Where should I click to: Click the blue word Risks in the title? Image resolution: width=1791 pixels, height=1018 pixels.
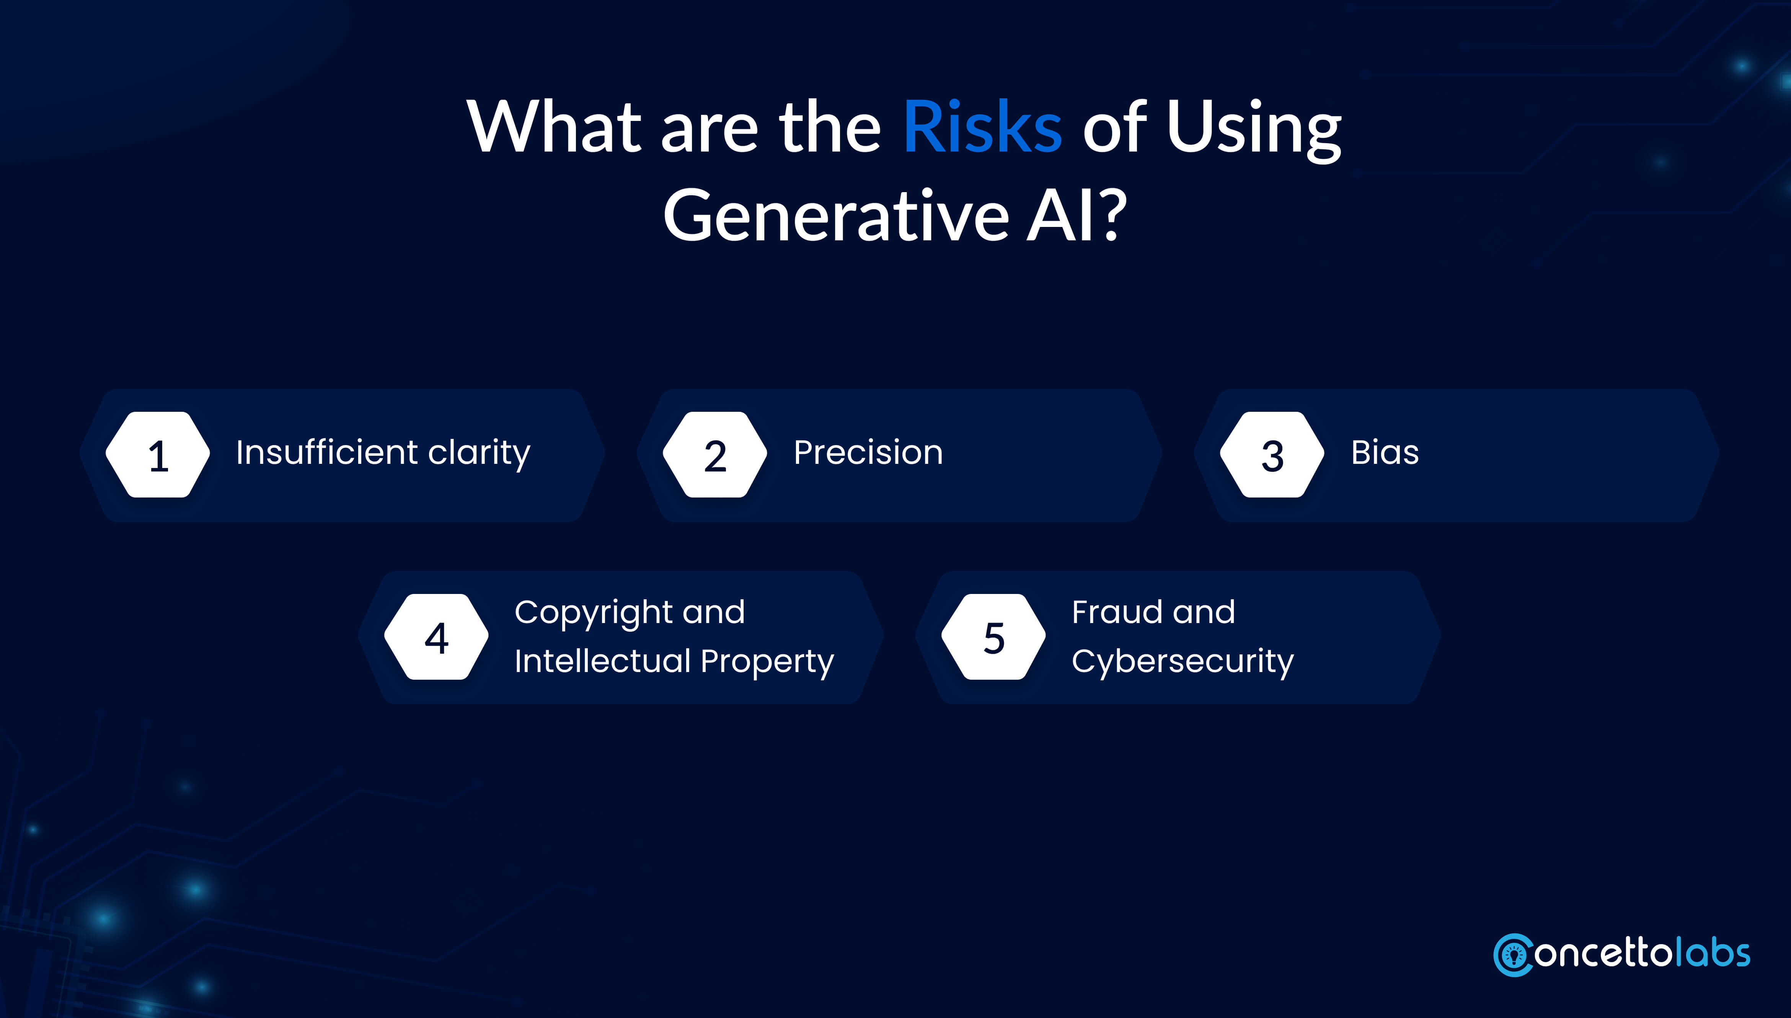(982, 127)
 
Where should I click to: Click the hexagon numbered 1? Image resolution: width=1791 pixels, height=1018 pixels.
(158, 455)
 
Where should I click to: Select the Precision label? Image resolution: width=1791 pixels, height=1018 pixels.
(868, 452)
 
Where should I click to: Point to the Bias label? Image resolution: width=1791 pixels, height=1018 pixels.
(1385, 452)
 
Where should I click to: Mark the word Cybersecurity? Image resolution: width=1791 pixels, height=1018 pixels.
(1183, 661)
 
